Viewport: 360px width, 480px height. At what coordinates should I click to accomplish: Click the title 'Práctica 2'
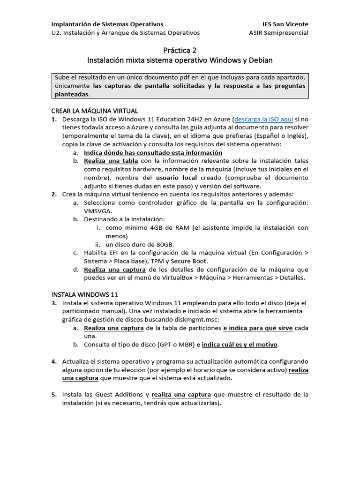(x=180, y=50)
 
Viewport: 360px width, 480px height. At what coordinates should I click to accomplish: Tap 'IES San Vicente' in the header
(x=285, y=24)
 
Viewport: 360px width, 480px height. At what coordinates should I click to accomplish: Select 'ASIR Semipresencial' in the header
(x=279, y=33)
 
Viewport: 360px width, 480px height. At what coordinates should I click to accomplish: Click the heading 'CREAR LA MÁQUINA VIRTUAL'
(x=94, y=111)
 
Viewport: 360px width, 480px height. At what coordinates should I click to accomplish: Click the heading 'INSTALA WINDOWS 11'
(x=84, y=294)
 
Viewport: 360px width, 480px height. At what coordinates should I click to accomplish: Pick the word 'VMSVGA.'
(x=98, y=211)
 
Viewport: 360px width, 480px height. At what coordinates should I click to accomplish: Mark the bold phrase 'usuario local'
(x=177, y=178)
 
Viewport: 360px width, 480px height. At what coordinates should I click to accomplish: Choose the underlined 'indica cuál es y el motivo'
(x=240, y=345)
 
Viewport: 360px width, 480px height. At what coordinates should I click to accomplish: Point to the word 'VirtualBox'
(x=172, y=278)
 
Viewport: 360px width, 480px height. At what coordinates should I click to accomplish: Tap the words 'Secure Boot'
(x=190, y=261)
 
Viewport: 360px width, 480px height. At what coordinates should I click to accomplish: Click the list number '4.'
(x=54, y=361)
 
